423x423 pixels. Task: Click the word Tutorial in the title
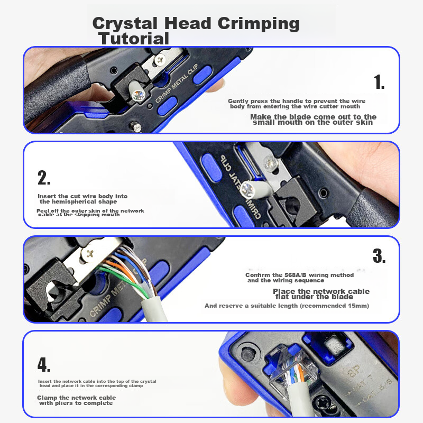(x=134, y=39)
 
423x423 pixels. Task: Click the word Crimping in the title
(x=259, y=24)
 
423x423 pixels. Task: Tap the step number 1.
(x=379, y=82)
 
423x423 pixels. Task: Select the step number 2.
(x=44, y=178)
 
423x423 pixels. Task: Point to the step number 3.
(x=379, y=256)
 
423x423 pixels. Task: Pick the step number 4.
(x=44, y=364)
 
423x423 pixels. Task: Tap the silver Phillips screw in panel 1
(x=160, y=59)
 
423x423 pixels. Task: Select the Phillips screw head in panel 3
(x=89, y=254)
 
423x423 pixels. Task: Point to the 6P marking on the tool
(x=354, y=371)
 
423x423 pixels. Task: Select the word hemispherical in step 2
(x=78, y=202)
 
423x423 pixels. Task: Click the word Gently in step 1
(x=238, y=102)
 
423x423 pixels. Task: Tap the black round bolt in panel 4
(x=247, y=354)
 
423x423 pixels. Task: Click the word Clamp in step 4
(x=47, y=398)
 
